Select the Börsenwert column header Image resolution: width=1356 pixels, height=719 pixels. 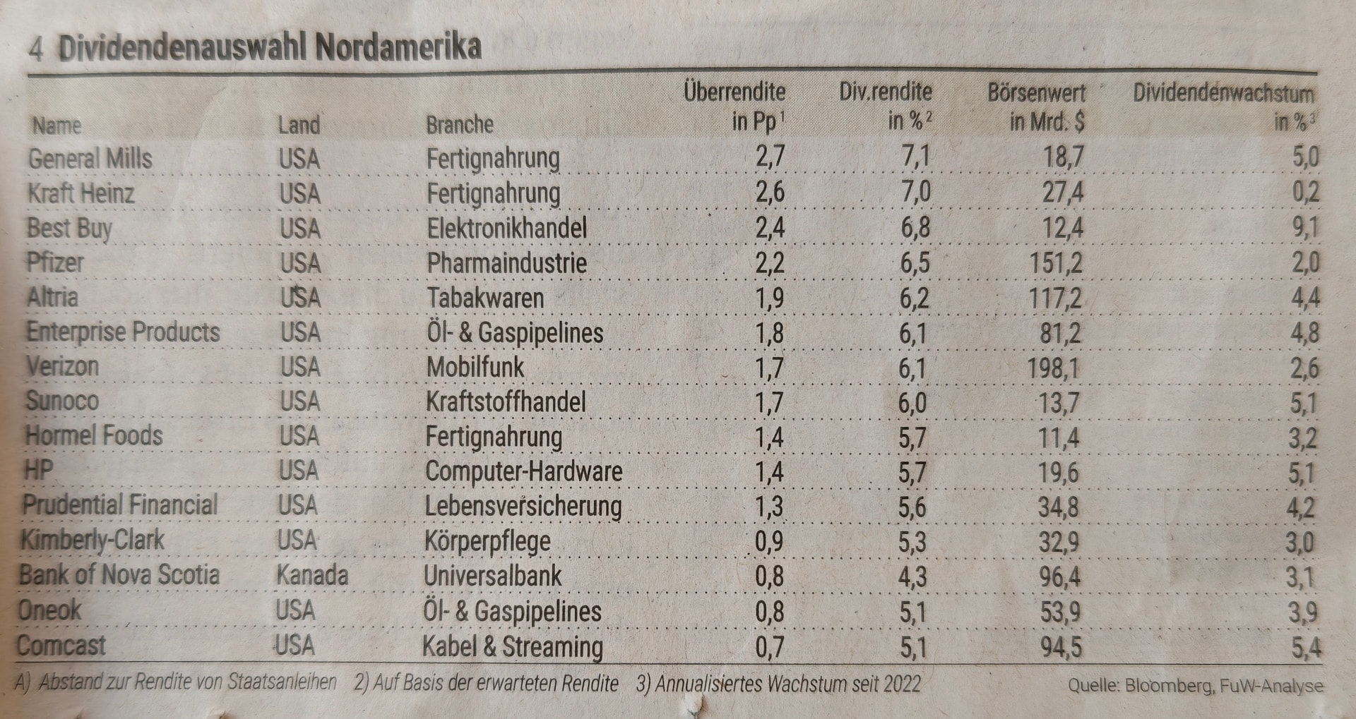pos(1037,107)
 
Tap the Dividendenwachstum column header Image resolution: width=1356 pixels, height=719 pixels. pos(1224,107)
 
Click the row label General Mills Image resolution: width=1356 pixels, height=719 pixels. pos(90,158)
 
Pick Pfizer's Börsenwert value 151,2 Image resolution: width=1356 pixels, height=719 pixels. pos(1055,263)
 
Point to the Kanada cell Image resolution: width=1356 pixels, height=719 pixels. pos(311,575)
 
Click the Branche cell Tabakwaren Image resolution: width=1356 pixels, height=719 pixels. pos(484,298)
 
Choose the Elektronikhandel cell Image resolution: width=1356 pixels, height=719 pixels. pos(506,228)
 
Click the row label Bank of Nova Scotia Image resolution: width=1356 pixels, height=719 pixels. pos(119,575)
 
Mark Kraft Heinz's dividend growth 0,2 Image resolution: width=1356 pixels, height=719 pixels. pos(1305,193)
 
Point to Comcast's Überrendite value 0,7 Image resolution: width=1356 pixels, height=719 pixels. pos(769,647)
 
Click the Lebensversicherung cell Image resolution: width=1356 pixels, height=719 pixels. pos(523,507)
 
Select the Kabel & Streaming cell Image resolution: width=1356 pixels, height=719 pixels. pos(513,647)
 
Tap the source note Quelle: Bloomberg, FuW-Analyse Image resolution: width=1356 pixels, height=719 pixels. pos(1195,685)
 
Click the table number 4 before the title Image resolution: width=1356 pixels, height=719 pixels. pos(36,49)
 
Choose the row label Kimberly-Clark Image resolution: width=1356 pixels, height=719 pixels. pos(92,540)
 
